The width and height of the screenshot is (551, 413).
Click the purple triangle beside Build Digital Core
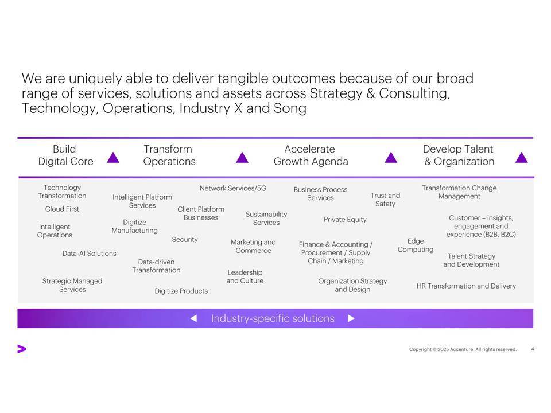[113, 158]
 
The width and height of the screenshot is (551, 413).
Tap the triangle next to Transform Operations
[242, 158]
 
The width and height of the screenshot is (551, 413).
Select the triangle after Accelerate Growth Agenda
[391, 158]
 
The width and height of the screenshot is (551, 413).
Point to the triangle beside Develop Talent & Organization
[522, 158]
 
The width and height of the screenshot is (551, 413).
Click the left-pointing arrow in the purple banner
[193, 318]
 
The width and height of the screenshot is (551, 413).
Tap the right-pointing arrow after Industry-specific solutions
[351, 318]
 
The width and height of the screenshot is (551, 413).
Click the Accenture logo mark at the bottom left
[22, 349]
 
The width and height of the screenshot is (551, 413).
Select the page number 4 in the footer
[533, 349]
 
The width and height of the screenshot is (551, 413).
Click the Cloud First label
[62, 209]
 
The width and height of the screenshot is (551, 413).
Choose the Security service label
[185, 240]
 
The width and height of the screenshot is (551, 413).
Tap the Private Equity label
[345, 220]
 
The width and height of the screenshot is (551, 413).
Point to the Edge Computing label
[416, 245]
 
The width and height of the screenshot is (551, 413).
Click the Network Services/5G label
[233, 188]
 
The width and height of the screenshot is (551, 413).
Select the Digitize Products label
[181, 291]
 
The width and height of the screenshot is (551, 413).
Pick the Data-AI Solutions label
[90, 253]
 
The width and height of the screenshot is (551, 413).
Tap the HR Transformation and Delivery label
[466, 286]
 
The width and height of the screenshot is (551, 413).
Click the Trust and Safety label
[385, 200]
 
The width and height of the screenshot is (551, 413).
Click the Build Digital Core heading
[65, 155]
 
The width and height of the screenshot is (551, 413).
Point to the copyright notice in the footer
[463, 349]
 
